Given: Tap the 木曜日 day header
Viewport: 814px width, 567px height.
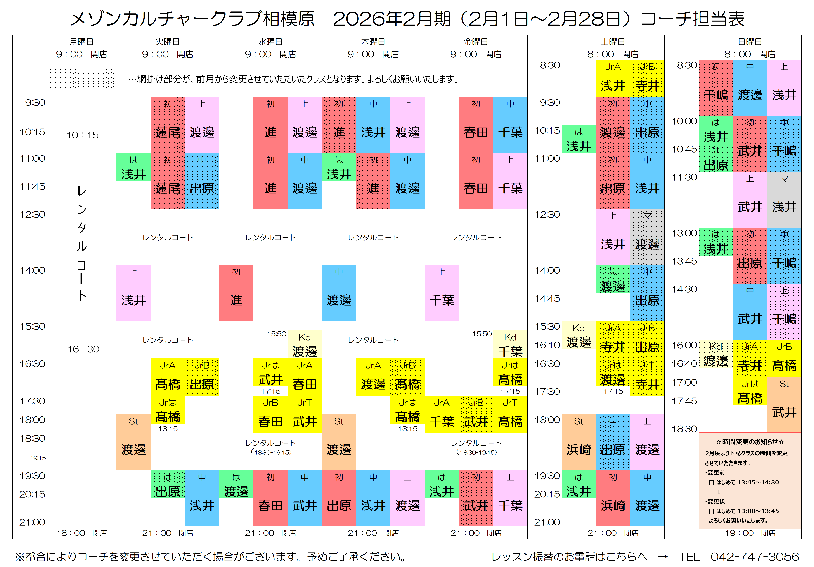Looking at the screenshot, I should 373,41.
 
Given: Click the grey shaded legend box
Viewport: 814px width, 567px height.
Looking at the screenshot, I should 82,78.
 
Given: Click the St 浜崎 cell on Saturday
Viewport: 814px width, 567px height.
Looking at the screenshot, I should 579,442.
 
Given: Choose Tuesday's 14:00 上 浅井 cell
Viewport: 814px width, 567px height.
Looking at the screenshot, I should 133,293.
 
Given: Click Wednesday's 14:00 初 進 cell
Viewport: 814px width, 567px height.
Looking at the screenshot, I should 236,293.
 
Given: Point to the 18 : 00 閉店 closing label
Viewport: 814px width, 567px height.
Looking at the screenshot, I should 82,533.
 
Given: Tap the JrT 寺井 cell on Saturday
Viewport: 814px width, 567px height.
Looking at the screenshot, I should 647,377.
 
